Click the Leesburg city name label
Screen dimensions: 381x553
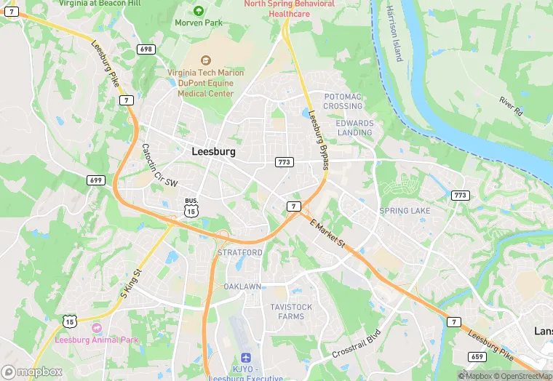click(213, 152)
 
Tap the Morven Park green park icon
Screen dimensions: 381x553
click(199, 10)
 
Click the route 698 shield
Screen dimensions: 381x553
click(146, 49)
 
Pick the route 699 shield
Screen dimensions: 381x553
click(95, 180)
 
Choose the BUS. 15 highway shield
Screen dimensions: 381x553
click(191, 208)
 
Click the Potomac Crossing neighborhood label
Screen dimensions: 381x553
click(343, 101)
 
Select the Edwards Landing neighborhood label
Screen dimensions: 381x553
click(354, 128)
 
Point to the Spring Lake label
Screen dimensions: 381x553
click(405, 211)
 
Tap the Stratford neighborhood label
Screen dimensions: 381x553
click(240, 252)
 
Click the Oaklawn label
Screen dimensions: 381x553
click(242, 286)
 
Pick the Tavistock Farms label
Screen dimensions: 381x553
click(291, 311)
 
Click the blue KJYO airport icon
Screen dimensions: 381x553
click(246, 358)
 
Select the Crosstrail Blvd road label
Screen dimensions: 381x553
click(357, 345)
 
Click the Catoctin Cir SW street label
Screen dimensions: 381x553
click(159, 166)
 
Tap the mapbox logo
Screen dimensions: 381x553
click(32, 372)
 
